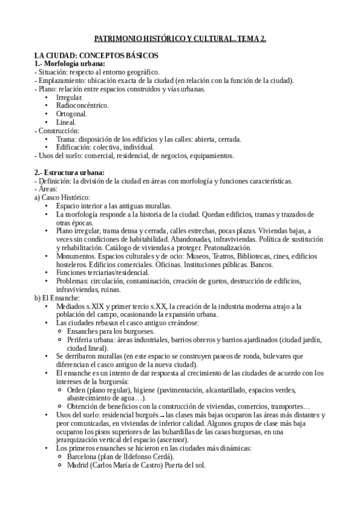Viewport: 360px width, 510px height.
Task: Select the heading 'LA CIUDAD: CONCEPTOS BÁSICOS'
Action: point(96,55)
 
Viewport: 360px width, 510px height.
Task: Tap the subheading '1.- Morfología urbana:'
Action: point(70,64)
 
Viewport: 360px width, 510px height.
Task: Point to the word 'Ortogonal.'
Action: point(72,114)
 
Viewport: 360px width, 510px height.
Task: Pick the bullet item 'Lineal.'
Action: point(66,122)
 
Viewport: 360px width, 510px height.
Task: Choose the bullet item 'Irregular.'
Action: point(70,97)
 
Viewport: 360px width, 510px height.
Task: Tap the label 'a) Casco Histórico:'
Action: point(63,198)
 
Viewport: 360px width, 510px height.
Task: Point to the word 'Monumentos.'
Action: point(76,256)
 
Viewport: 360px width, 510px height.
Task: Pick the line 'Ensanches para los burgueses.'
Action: point(111,331)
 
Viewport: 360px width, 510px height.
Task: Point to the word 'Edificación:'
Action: point(76,147)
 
